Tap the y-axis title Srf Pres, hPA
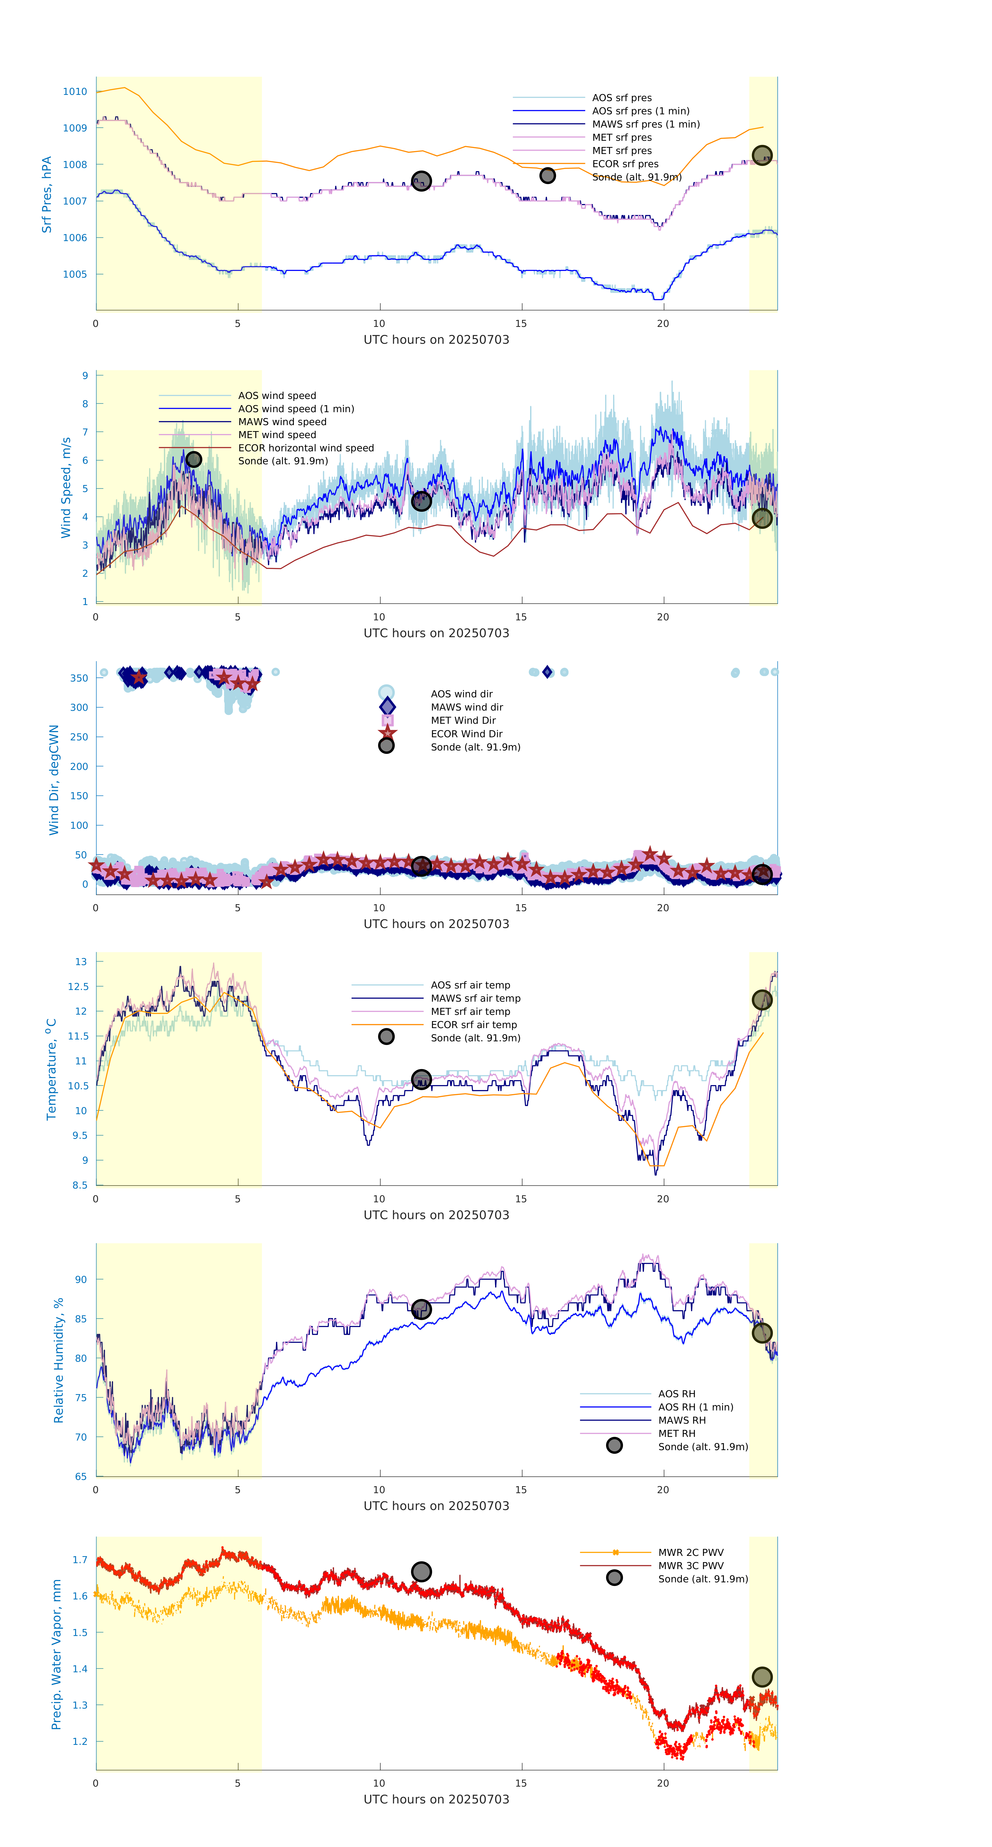(47, 194)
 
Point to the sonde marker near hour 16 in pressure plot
(547, 176)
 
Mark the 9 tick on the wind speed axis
(85, 376)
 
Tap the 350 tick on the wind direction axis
(79, 678)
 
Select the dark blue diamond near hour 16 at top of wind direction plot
(547, 672)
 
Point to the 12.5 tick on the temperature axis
(78, 987)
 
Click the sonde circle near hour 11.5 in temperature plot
(421, 1079)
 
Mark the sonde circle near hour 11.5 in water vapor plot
(421, 1572)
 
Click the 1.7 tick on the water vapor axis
(80, 1560)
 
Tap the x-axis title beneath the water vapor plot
(436, 1800)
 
